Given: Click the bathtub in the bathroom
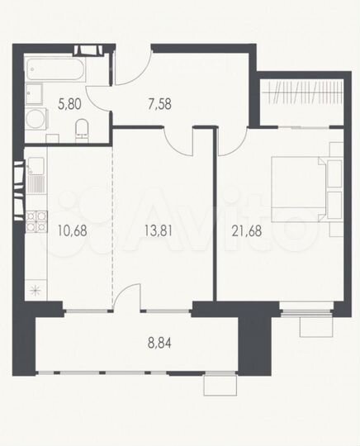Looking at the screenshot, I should pos(53,69).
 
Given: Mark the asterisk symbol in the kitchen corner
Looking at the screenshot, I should pos(34,289).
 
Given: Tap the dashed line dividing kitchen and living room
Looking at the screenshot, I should pos(111,223).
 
